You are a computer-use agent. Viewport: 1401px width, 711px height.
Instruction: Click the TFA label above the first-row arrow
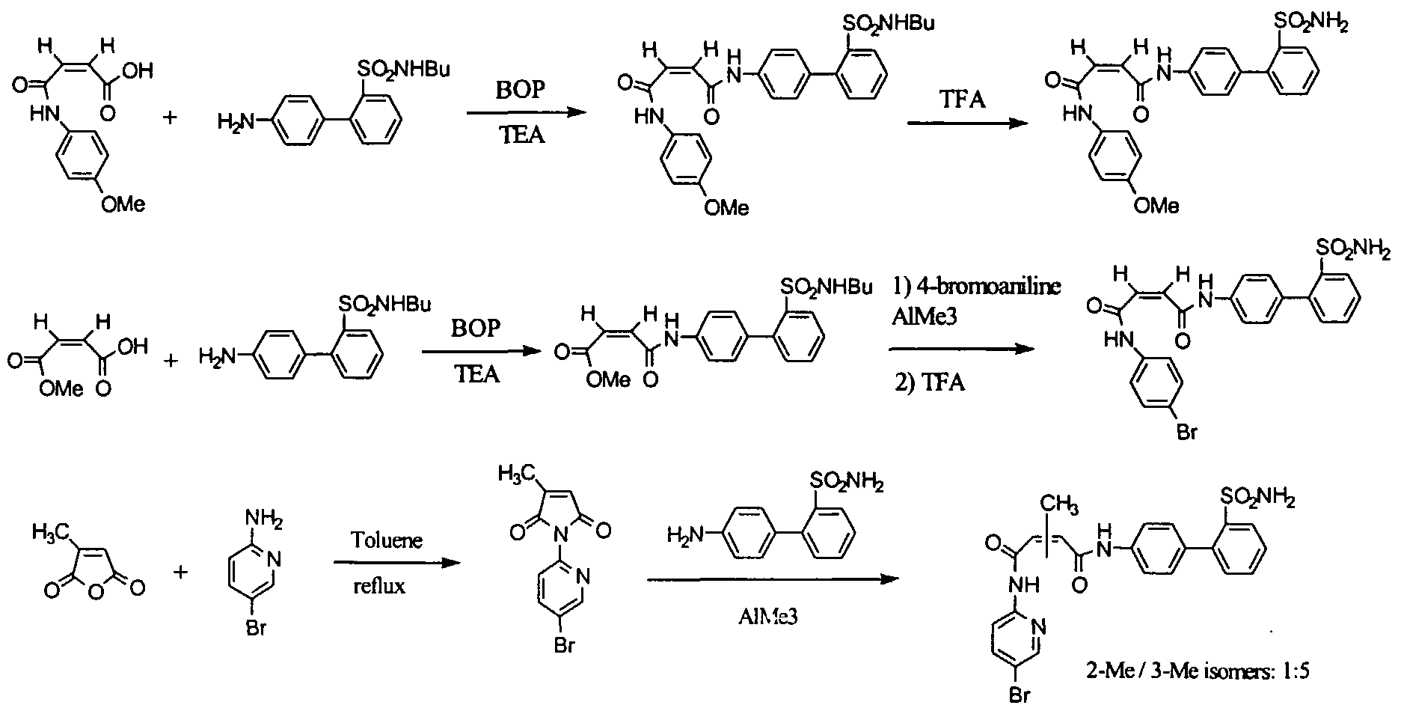[963, 99]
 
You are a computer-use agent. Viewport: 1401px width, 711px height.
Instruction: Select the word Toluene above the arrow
[387, 539]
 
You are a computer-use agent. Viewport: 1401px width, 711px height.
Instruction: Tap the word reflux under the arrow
[379, 585]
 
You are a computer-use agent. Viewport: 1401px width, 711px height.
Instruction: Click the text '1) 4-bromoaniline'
[977, 287]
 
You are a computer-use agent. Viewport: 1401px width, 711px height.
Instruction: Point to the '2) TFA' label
[930, 383]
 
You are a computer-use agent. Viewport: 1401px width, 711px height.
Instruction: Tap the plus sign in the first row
[171, 118]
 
